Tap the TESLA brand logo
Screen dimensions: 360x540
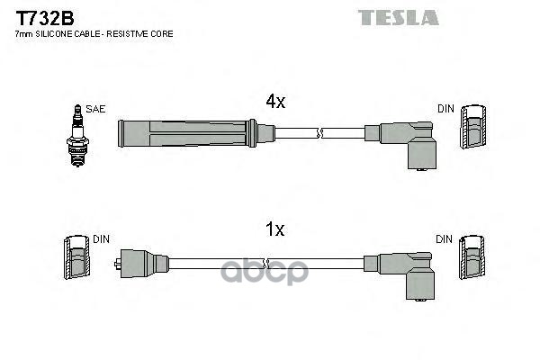[399, 16]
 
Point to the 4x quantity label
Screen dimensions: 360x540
[275, 103]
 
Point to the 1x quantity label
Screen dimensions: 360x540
[275, 230]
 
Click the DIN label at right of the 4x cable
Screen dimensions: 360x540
[446, 109]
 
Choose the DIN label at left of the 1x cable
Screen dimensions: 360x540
[100, 240]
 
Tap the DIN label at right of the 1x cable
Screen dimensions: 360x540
[445, 240]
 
